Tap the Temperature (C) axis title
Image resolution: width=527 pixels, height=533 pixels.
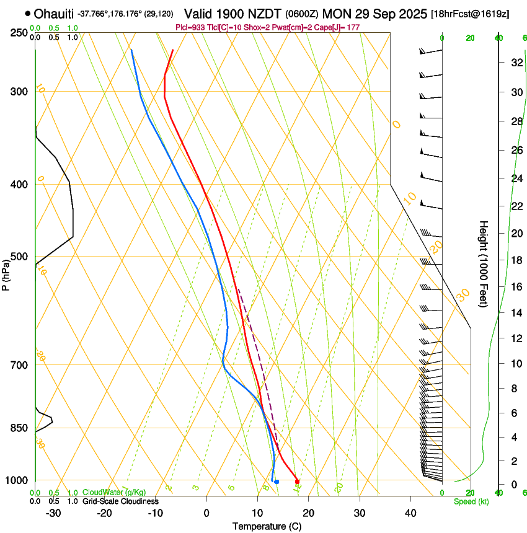[267, 526]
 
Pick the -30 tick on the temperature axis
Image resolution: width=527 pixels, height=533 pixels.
[53, 513]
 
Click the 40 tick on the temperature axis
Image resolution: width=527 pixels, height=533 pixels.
[410, 513]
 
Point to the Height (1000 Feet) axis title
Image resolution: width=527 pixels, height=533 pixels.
[484, 264]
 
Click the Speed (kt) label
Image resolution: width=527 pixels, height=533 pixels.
[471, 501]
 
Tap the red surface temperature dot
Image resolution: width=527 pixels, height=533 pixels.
[298, 482]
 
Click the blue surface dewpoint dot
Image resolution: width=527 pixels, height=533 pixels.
[277, 482]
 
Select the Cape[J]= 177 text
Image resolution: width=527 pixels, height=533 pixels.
[337, 28]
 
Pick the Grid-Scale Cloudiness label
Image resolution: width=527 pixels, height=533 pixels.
[120, 501]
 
